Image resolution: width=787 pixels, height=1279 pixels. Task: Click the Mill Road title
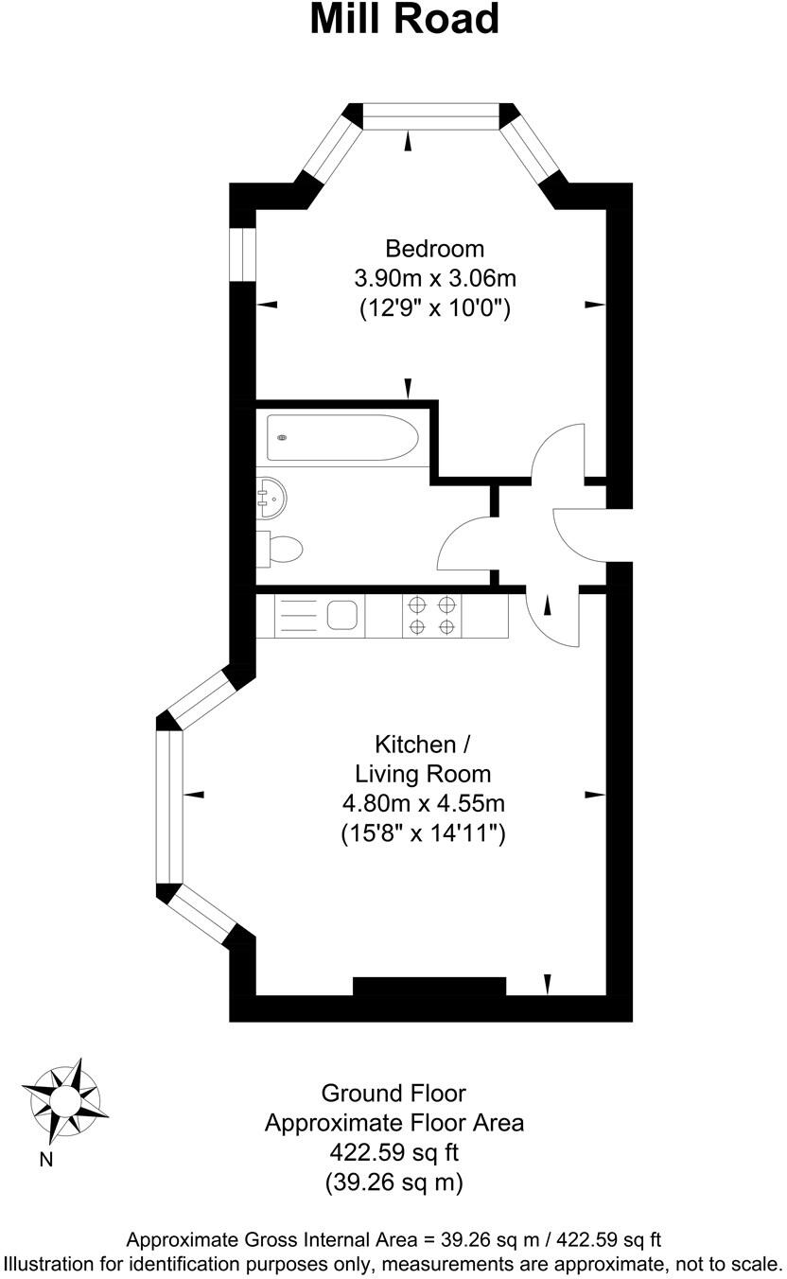(x=405, y=21)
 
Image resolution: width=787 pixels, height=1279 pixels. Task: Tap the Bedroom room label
(x=435, y=249)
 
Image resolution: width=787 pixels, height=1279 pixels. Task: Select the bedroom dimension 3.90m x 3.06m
(x=435, y=278)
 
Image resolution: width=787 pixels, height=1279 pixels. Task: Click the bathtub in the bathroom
(x=341, y=437)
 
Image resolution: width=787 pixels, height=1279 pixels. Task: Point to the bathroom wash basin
(x=271, y=498)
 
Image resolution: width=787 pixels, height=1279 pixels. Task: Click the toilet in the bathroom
(x=282, y=548)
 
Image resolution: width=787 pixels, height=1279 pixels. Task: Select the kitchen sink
(x=341, y=615)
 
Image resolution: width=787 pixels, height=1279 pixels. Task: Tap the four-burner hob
(x=431, y=615)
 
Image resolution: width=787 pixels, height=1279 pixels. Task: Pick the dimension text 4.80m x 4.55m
(x=423, y=804)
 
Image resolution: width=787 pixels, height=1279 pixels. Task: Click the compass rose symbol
(x=64, y=1099)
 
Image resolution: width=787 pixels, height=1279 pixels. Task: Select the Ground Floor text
(x=393, y=1094)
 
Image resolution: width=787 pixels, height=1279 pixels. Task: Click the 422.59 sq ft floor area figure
(x=393, y=1152)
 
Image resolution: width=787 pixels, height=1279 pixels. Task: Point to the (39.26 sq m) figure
(x=393, y=1182)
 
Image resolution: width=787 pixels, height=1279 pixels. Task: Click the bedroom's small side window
(x=243, y=254)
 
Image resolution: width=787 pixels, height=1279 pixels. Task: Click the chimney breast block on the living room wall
(x=429, y=987)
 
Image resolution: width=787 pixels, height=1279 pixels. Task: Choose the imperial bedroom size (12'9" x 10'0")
(x=435, y=307)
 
